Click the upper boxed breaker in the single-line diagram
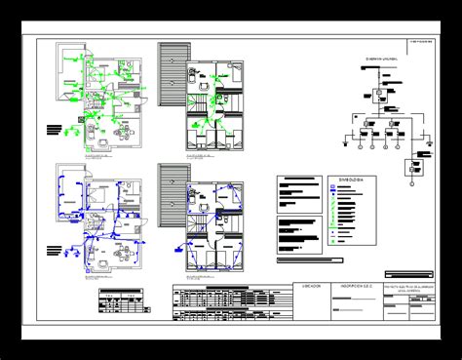(375, 97)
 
